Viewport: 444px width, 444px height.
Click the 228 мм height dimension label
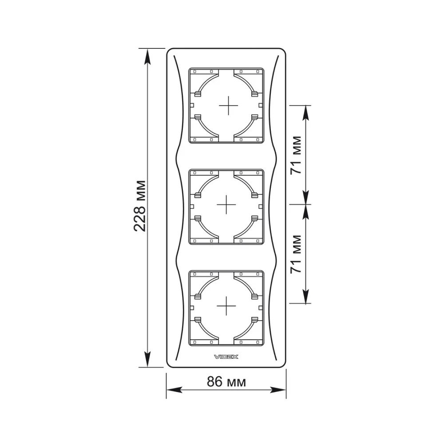click(140, 206)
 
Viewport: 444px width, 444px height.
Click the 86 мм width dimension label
click(226, 381)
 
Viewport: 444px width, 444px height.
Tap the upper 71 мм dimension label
click(296, 155)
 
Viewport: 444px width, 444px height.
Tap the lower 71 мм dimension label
click(296, 254)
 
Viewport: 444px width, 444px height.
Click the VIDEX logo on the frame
click(226, 357)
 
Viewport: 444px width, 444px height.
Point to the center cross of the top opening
click(228, 106)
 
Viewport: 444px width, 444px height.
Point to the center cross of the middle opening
click(226, 204)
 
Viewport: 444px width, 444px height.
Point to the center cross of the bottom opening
click(226, 306)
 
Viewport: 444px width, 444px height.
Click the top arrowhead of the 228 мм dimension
click(147, 57)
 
